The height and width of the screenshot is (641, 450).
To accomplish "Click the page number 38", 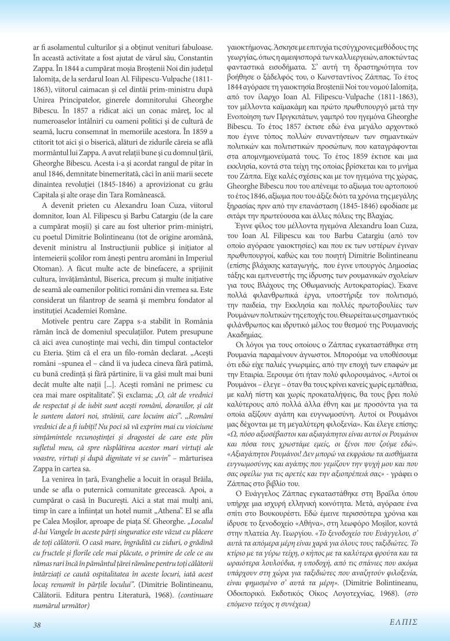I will point(37,625).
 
